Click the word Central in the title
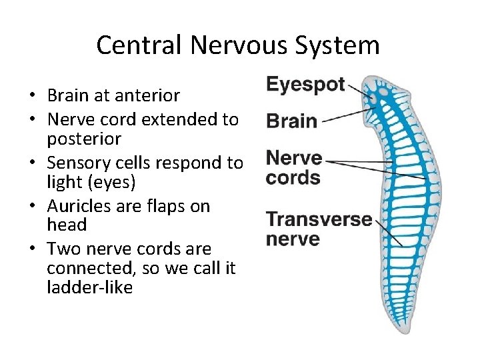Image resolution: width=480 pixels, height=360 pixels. point(138,45)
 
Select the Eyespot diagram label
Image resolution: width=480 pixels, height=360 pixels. point(305,85)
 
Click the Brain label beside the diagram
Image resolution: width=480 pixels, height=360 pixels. point(291,121)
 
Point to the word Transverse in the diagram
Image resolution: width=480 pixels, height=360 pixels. point(319,219)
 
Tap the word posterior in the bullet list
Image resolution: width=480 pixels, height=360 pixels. point(84,139)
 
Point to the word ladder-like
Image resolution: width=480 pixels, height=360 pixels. point(90,288)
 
